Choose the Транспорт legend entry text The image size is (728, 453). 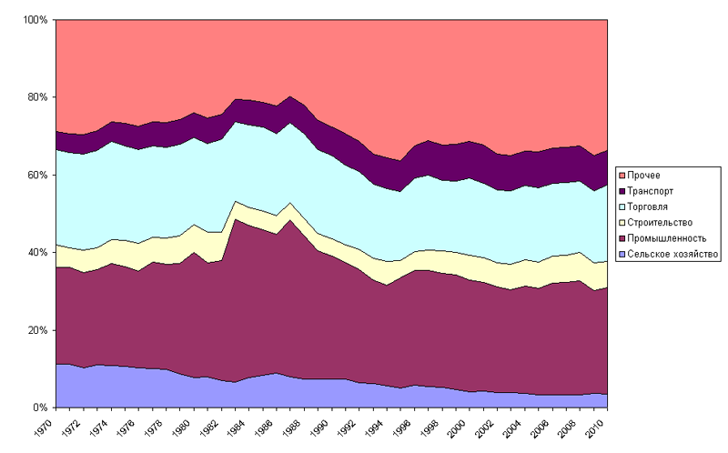tap(653, 190)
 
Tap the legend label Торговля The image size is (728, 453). tap(652, 206)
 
